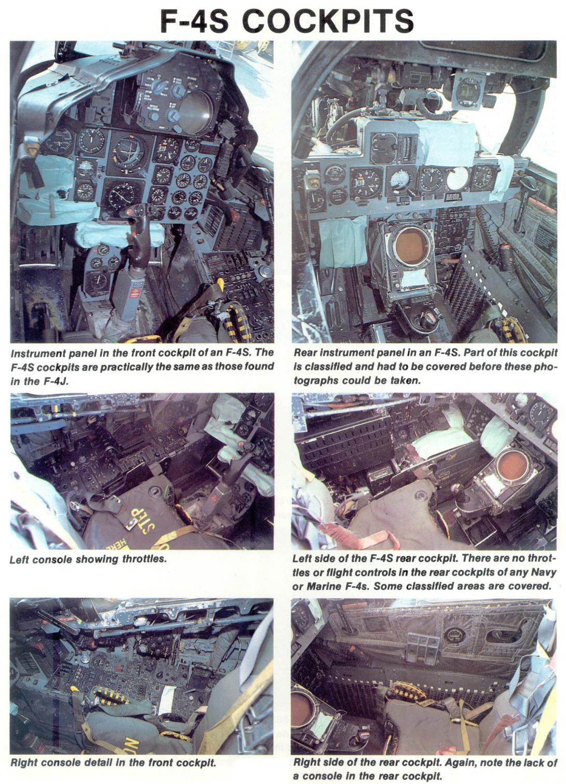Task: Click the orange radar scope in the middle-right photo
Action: tap(514, 465)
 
